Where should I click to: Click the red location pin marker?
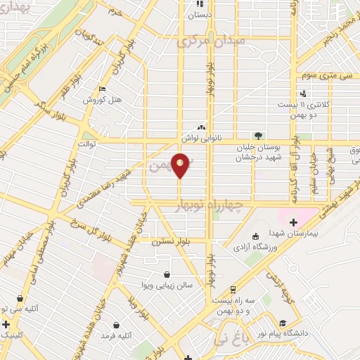tap(180, 165)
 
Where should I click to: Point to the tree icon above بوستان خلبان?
tap(258, 136)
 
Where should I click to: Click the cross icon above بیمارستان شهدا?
tap(293, 222)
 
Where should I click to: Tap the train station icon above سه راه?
tap(233, 289)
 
